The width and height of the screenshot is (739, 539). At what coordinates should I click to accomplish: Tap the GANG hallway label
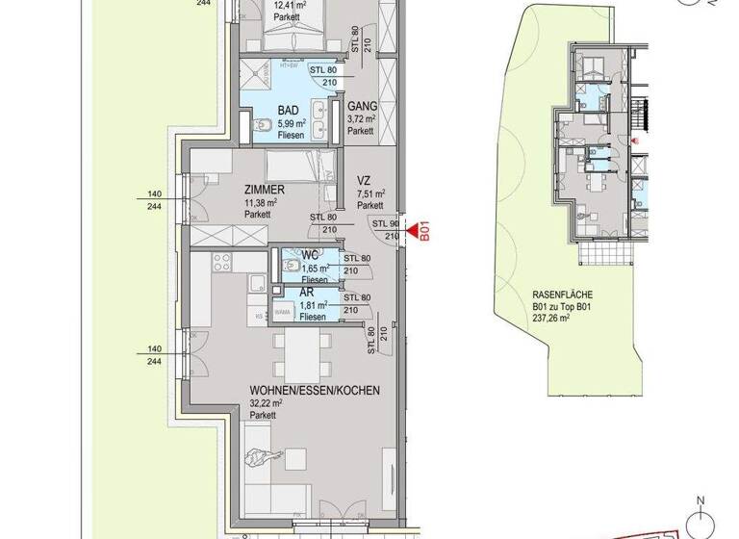(362, 106)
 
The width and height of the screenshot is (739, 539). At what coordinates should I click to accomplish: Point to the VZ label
(365, 180)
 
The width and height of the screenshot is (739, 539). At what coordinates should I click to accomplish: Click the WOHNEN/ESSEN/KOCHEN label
(313, 391)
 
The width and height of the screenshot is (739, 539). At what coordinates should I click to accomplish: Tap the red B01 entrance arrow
(417, 232)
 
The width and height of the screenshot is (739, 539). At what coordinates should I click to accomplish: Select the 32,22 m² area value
(266, 404)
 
